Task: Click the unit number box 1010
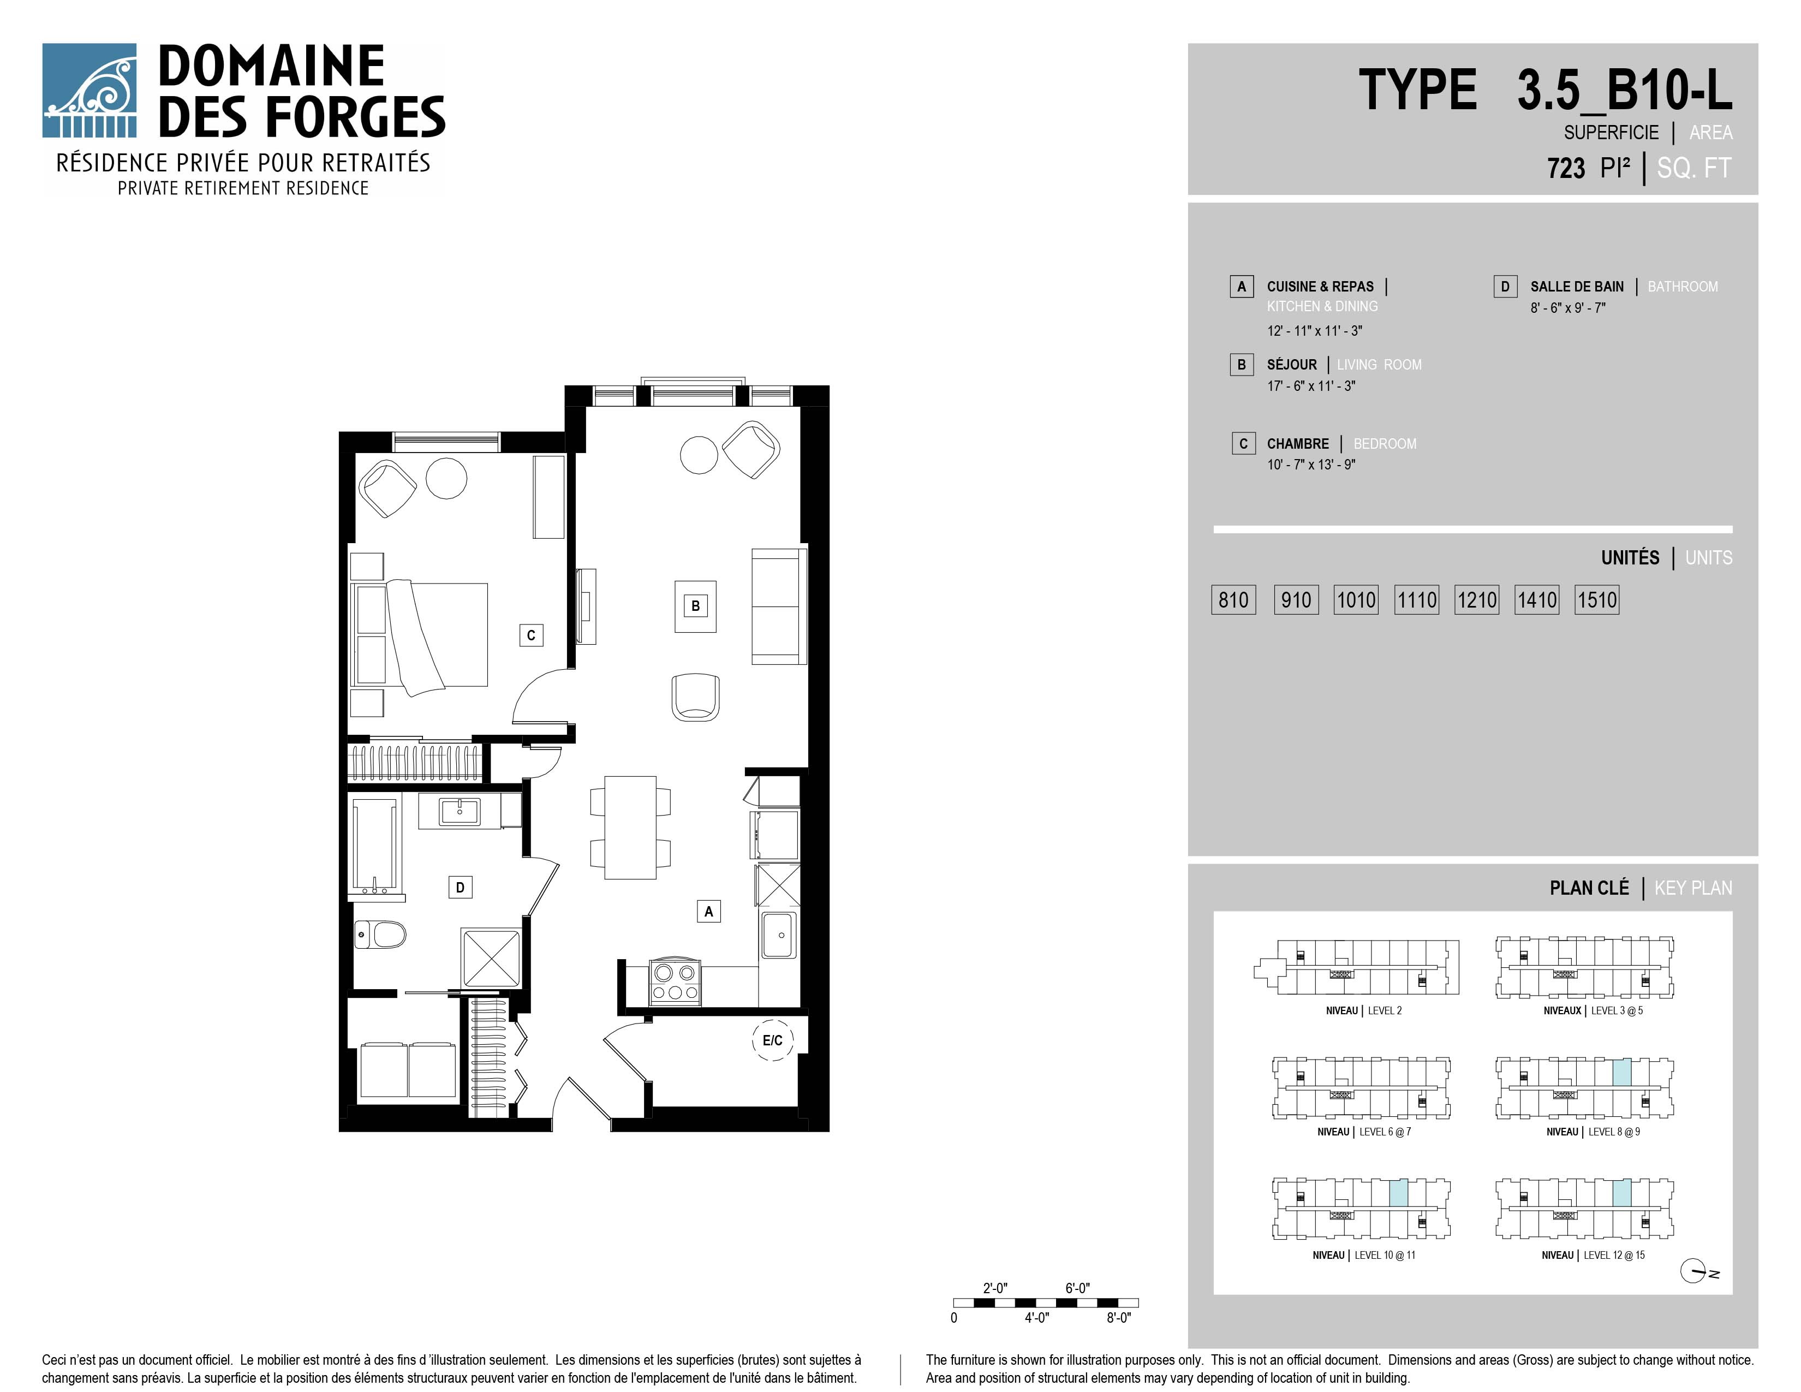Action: (1356, 599)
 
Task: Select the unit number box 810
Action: (1233, 599)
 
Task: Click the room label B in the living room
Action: (695, 606)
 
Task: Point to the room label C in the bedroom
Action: (531, 635)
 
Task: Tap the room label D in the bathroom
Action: (460, 887)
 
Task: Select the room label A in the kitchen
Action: (708, 911)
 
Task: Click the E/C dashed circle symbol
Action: (773, 1040)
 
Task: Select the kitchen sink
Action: (778, 935)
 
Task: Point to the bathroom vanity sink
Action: (460, 811)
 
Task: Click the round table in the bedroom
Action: (446, 478)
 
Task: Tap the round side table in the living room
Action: (699, 454)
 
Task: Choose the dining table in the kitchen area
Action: (631, 827)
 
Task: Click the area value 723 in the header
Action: (1566, 168)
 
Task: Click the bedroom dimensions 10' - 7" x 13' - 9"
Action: (1311, 465)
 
